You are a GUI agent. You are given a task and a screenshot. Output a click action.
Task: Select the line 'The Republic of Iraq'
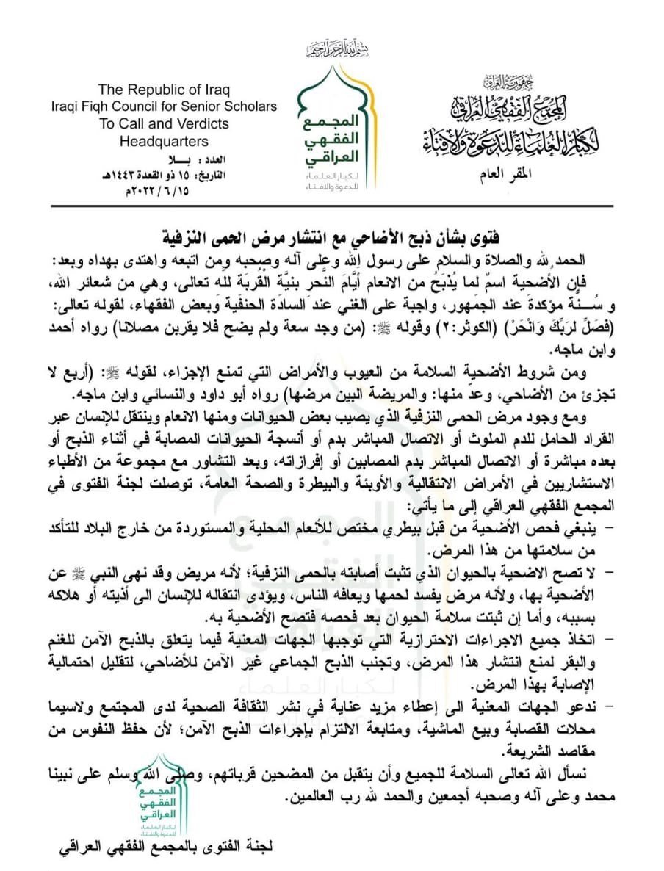[165, 90]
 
